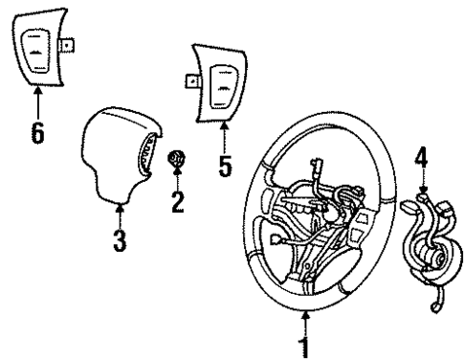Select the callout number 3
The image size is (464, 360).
click(120, 239)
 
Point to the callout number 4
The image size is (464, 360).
click(419, 149)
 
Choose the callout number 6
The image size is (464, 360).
click(37, 131)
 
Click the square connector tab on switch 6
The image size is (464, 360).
click(70, 44)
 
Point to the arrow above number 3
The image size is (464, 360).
click(120, 213)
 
